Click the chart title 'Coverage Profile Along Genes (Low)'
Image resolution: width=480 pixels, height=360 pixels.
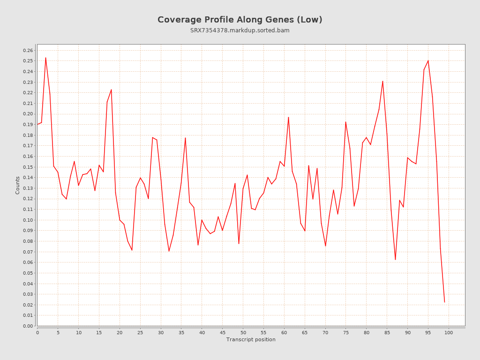pos(240,20)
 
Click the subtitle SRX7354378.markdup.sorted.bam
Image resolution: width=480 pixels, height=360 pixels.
pos(240,30)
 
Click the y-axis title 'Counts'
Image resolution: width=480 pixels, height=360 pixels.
pos(18,185)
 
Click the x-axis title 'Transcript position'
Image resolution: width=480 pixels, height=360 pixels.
pos(251,339)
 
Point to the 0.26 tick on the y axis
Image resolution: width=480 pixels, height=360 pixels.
pos(28,50)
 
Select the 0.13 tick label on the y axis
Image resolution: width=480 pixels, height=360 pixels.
pos(28,188)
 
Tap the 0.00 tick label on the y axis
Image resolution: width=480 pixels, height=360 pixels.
pos(28,326)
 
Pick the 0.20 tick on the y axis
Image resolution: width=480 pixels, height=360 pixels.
pos(28,114)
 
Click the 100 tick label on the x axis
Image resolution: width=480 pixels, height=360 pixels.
pos(449,332)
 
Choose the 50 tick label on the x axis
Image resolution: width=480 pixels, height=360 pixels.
pos(243,332)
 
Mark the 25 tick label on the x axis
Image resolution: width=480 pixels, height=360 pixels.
pos(140,332)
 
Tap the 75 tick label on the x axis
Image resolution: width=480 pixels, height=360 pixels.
pos(346,332)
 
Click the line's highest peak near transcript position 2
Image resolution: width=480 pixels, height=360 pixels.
pos(45,58)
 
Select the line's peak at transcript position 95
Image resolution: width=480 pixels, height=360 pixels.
pos(428,60)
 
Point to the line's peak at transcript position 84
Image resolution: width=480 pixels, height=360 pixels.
pos(382,81)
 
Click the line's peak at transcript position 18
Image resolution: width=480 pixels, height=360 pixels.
pos(111,90)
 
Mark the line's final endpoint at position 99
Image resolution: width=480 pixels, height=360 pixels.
pos(444,302)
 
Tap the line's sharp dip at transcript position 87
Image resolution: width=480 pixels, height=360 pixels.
pos(395,259)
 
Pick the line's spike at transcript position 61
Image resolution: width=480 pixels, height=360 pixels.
pos(288,117)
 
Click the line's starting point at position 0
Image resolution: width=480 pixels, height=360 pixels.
pos(37,124)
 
